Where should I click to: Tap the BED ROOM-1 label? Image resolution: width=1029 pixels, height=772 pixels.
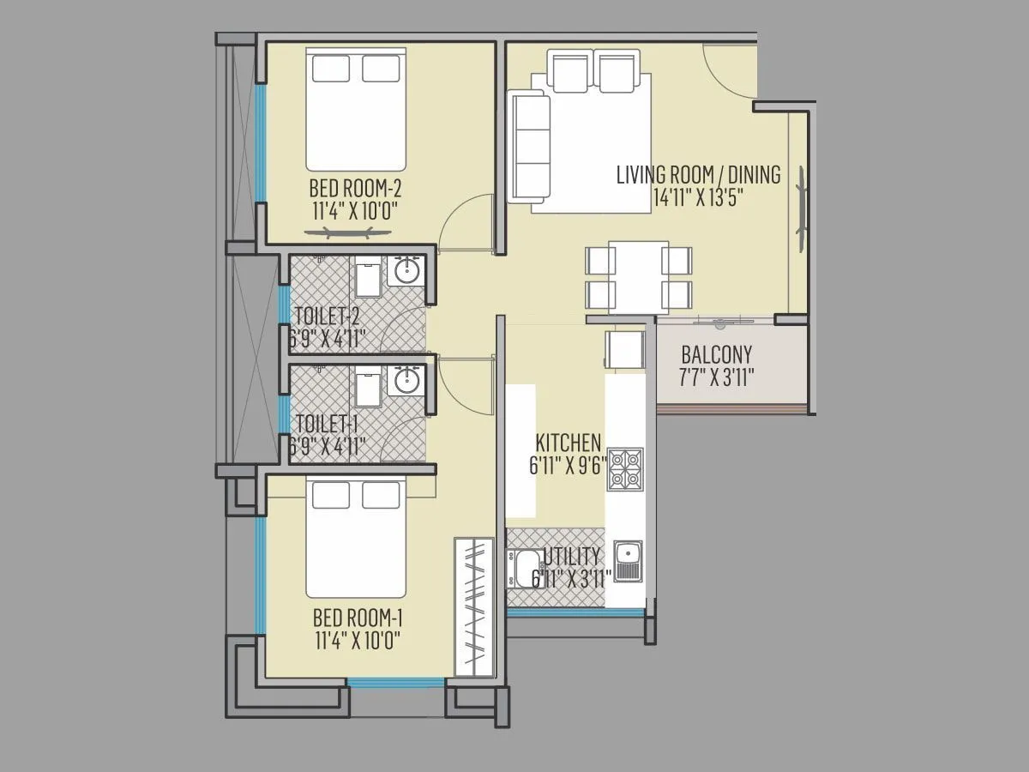click(358, 618)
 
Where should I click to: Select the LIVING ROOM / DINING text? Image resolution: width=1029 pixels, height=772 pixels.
click(698, 176)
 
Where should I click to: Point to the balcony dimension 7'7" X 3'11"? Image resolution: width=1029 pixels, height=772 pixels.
click(716, 377)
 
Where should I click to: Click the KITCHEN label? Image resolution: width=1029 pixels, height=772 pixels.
click(568, 443)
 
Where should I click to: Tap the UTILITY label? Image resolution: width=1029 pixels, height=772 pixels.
click(571, 556)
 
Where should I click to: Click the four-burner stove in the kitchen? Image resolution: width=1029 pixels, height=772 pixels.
click(625, 469)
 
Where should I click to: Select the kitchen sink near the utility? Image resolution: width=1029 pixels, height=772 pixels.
click(627, 560)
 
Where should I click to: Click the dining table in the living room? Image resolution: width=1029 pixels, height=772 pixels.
click(639, 277)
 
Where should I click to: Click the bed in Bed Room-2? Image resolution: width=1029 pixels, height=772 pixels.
click(355, 112)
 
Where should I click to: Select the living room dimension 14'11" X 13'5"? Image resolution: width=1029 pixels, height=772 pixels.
click(697, 197)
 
